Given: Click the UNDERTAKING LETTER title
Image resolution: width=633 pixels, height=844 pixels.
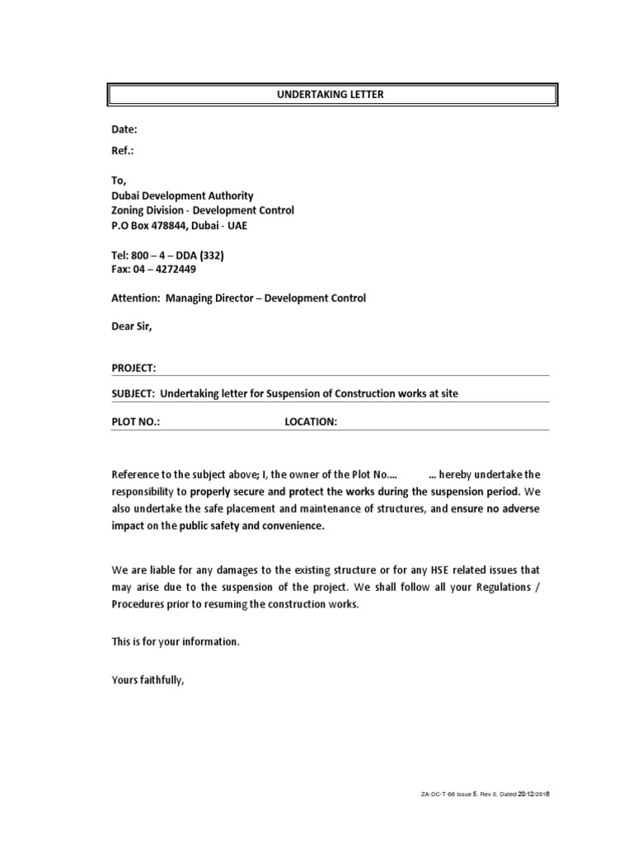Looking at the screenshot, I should tap(330, 95).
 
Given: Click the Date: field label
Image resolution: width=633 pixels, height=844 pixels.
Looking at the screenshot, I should tap(124, 130).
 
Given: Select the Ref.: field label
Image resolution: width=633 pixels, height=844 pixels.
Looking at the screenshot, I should tap(123, 151).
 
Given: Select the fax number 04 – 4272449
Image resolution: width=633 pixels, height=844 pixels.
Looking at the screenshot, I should tap(165, 270).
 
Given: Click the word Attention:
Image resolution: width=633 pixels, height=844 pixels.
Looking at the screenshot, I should tap(135, 298).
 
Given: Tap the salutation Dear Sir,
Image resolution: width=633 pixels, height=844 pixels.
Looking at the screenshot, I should tap(132, 326).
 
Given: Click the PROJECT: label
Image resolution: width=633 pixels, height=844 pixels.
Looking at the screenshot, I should tap(134, 368).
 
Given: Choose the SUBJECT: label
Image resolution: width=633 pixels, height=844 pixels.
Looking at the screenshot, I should tap(134, 394).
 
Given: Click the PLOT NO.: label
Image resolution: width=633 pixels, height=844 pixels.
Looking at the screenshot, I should tap(136, 421).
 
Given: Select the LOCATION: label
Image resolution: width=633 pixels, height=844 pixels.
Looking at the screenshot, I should tap(311, 421).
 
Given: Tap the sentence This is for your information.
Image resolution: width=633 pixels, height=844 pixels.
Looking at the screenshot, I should tap(176, 642).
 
